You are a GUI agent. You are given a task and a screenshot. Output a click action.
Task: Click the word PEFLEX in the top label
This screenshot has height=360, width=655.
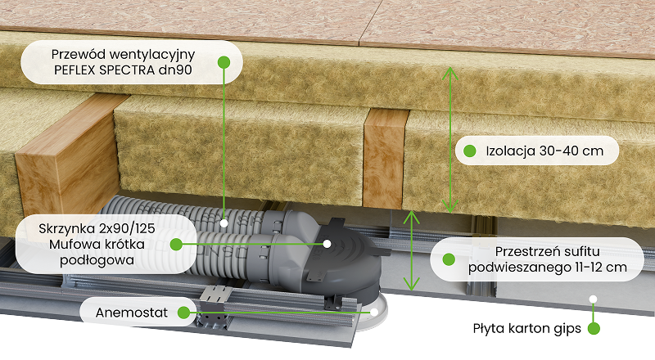(x=75, y=70)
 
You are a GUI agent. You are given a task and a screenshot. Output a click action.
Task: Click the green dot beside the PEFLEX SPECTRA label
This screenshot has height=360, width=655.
(x=224, y=62)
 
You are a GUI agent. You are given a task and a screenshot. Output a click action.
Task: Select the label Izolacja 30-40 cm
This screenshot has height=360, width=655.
(x=544, y=151)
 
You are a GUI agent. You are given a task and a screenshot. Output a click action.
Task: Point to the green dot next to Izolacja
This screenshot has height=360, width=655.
(x=470, y=151)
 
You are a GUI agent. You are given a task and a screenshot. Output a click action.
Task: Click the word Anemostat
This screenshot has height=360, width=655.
(x=132, y=313)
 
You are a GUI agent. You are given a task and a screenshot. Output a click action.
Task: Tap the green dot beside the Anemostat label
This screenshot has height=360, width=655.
(x=183, y=313)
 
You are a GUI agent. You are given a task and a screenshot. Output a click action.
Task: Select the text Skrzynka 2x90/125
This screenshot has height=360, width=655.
(x=97, y=228)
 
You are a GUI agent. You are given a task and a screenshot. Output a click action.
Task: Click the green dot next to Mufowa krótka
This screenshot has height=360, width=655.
(x=176, y=245)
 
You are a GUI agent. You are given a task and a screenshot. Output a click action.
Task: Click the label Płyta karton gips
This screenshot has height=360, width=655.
(x=526, y=329)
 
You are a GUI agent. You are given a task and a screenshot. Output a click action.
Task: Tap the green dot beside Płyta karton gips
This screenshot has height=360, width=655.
(x=594, y=329)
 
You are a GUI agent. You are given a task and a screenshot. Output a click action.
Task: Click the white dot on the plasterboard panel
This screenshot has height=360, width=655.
(x=593, y=299)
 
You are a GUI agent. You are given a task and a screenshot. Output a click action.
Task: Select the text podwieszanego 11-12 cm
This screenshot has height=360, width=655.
(x=547, y=268)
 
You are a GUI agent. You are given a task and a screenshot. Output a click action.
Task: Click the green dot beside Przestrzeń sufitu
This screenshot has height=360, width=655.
(x=449, y=259)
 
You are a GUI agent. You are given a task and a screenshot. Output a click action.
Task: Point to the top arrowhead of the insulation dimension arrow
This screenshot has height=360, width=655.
(x=449, y=73)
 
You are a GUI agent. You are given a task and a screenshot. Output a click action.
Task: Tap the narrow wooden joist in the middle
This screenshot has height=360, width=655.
(x=384, y=158)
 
